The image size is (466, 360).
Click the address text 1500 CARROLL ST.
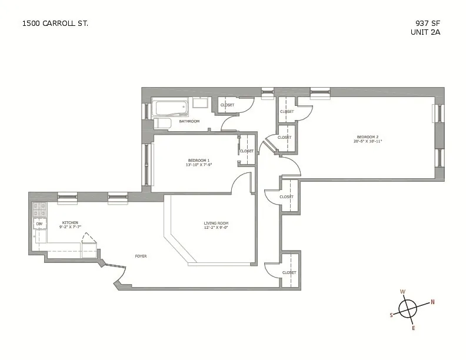(55, 24)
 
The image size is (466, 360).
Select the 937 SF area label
(427, 24)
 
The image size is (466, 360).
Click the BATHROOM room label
(189, 122)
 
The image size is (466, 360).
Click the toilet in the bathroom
(162, 123)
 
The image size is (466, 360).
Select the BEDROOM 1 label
(198, 161)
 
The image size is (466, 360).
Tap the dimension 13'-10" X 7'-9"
(198, 165)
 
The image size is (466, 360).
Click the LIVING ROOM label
(216, 224)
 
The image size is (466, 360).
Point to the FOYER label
(141, 256)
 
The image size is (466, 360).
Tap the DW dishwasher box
(39, 224)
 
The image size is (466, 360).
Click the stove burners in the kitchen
(39, 209)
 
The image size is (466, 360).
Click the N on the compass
(432, 302)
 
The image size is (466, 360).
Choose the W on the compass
(402, 292)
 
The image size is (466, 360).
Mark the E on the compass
(413, 328)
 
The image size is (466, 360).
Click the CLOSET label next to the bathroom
(227, 105)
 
